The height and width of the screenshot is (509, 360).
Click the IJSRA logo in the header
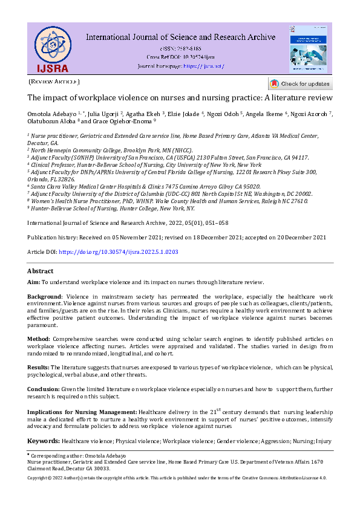click(51, 48)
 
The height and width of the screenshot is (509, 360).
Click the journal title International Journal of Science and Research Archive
click(180, 37)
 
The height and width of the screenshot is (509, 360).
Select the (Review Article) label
click(54, 81)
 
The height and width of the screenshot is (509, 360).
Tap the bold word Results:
click(39, 367)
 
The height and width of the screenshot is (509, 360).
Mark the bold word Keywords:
click(44, 442)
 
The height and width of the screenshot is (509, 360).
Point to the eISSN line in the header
click(180, 48)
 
